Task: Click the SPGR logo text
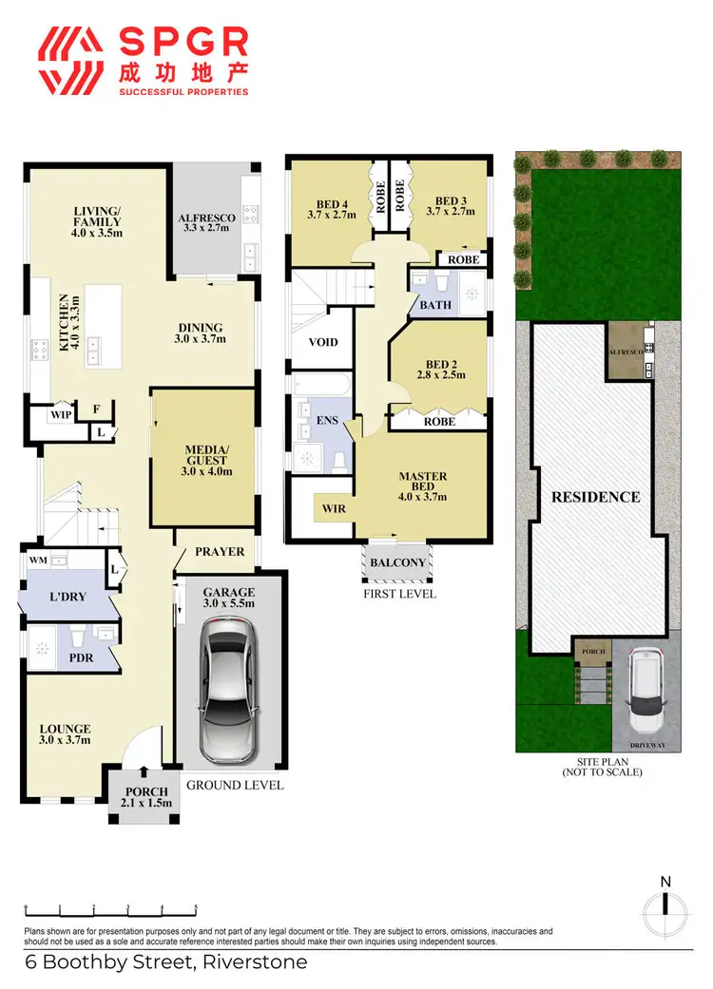pyautogui.click(x=183, y=44)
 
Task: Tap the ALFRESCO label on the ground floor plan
pyautogui.click(x=206, y=219)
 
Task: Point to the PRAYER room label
pyautogui.click(x=220, y=552)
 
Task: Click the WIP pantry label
pyautogui.click(x=62, y=414)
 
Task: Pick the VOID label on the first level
pyautogui.click(x=323, y=343)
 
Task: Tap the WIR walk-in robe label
pyautogui.click(x=333, y=509)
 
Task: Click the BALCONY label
pyautogui.click(x=397, y=562)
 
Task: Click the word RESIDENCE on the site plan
pyautogui.click(x=597, y=497)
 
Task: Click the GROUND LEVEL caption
pyautogui.click(x=235, y=786)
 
